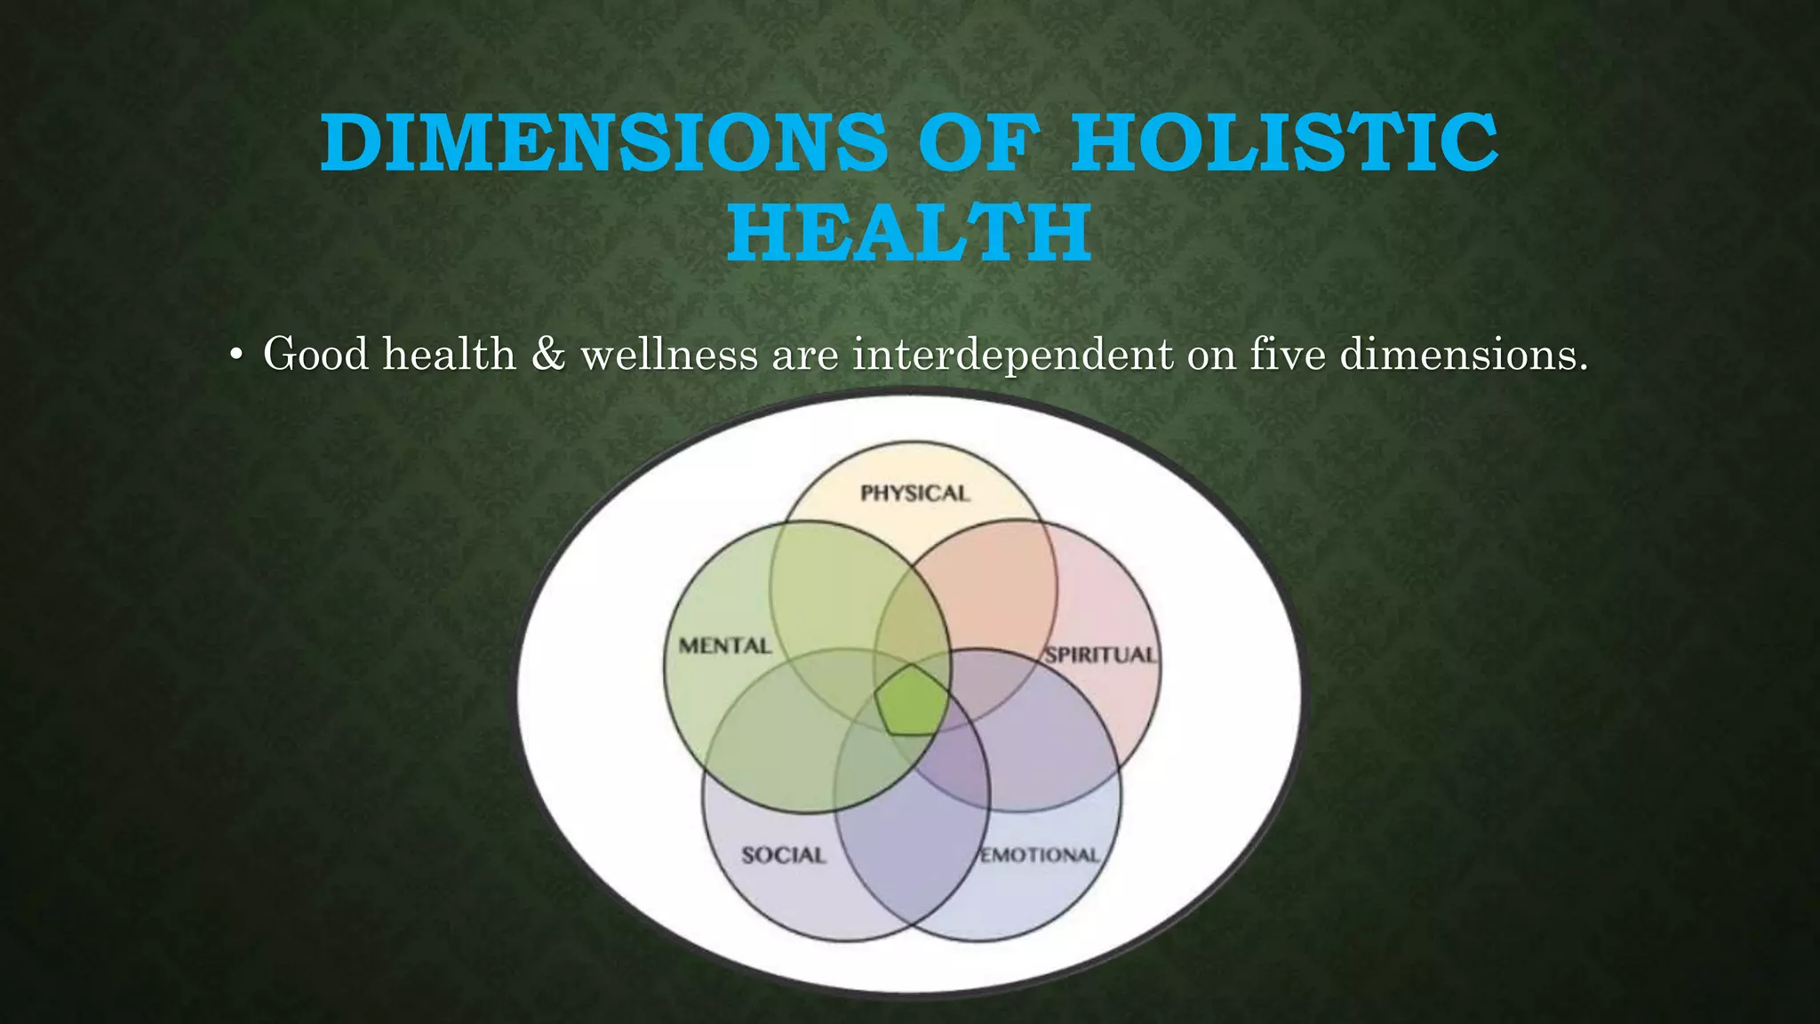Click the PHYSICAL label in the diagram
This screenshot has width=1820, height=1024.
pos(914,493)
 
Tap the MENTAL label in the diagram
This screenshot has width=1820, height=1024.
pos(724,646)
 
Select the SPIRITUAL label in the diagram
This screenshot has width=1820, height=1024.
pos(1100,655)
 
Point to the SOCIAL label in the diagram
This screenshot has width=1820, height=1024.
pos(783,855)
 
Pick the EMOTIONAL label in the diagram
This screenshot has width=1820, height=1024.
pos(1040,855)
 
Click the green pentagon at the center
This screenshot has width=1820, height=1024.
pos(912,700)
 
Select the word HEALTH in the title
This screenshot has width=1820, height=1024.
pos(909,233)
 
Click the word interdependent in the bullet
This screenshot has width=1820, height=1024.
pos(1013,355)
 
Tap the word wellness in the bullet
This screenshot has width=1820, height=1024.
pos(669,355)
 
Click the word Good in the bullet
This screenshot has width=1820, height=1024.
pos(315,355)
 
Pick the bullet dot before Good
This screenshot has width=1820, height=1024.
pos(235,356)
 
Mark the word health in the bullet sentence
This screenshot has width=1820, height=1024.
pos(450,355)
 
